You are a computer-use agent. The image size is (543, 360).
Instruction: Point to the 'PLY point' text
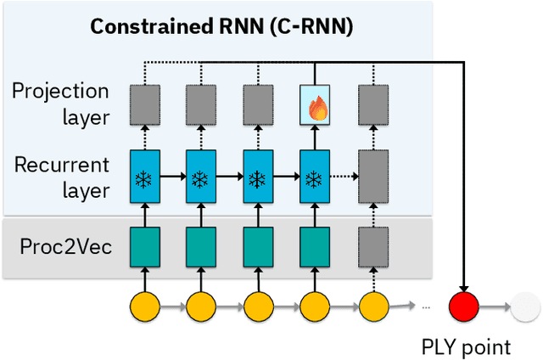466,346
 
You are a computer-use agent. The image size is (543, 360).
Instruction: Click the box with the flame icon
314,106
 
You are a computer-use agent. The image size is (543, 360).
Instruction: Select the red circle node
464,305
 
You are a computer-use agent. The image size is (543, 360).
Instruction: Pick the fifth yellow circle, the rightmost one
372,305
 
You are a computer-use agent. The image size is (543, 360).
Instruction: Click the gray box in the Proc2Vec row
372,247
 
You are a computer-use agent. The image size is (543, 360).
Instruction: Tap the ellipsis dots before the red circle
425,305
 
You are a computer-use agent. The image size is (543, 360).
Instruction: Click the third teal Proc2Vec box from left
257,247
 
